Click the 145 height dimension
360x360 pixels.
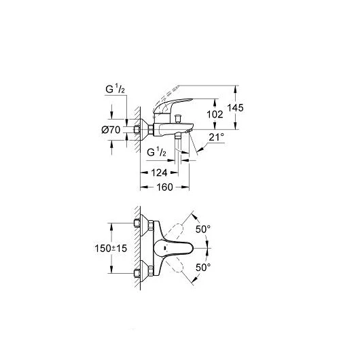click(x=235, y=107)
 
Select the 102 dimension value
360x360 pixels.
click(x=215, y=114)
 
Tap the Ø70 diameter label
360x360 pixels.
click(x=111, y=130)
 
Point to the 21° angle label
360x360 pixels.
click(x=216, y=137)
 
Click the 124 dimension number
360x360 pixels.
click(x=159, y=173)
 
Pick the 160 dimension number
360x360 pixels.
click(x=164, y=187)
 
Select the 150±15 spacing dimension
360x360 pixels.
click(x=111, y=248)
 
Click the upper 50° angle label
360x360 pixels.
click(x=203, y=229)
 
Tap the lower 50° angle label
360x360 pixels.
click(x=203, y=268)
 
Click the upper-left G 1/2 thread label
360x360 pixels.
click(x=115, y=89)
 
